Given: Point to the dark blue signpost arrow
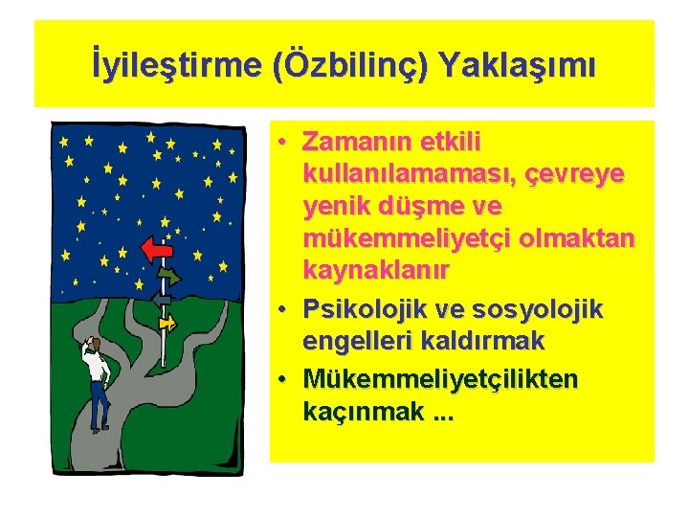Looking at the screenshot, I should pyautogui.click(x=162, y=300).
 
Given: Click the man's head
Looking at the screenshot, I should pyautogui.click(x=95, y=345).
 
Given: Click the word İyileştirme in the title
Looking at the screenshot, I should pyautogui.click(x=178, y=66).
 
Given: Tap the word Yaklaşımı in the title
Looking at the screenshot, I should pyautogui.click(x=520, y=66).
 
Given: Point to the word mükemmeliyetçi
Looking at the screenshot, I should pyautogui.click(x=410, y=238).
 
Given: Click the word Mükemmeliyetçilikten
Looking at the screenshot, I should pyautogui.click(x=440, y=379).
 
